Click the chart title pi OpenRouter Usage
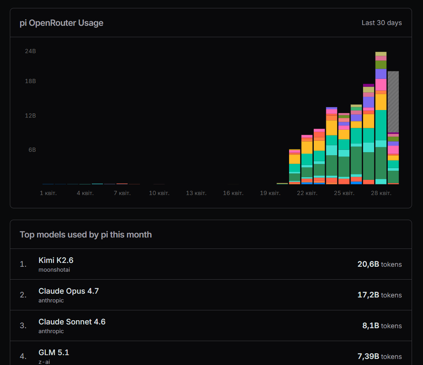61,23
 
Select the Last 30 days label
381,23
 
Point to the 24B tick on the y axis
30,51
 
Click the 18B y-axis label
30,81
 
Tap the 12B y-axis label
30,115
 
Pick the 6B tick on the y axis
32,149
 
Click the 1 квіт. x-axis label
48,193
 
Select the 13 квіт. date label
196,193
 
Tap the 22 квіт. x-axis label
307,193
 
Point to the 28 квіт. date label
381,193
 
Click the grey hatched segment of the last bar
393,102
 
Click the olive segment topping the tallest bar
381,54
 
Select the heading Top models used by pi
86,234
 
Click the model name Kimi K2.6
56,260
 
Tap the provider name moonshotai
54,270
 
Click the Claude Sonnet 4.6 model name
72,322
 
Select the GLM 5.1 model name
54,352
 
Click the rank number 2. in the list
23,295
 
